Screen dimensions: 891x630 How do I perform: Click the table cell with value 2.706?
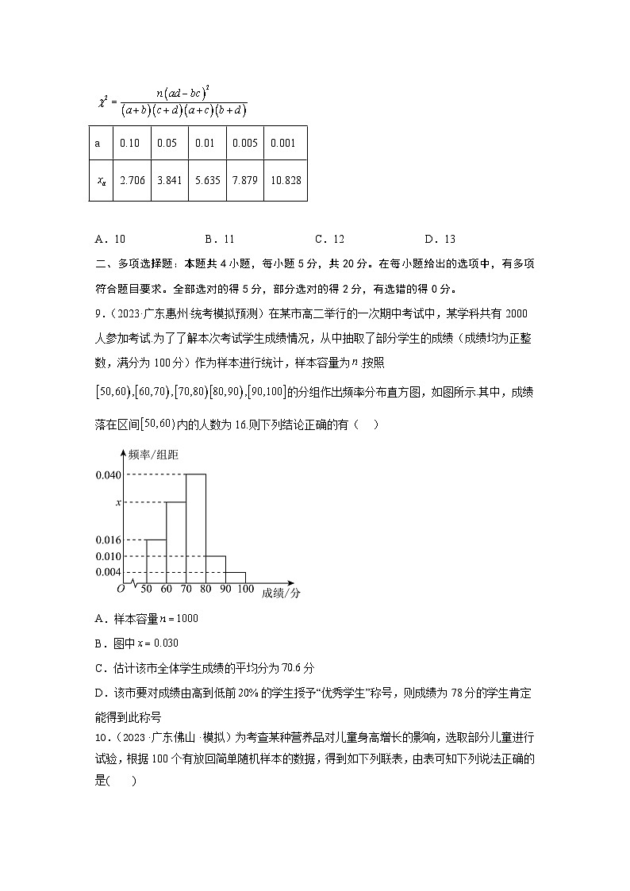click(131, 181)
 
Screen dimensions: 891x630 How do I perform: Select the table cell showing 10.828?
click(285, 181)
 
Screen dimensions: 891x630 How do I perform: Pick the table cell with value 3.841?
click(169, 181)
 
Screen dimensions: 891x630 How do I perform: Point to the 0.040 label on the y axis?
click(108, 474)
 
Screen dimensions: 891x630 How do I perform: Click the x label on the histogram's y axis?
click(118, 502)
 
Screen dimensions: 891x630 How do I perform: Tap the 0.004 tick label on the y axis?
click(108, 572)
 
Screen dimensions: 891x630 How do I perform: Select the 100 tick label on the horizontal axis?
click(245, 589)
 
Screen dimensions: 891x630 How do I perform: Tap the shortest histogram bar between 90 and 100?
click(235, 577)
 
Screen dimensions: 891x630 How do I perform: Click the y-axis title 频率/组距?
click(153, 455)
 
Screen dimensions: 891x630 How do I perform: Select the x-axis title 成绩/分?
click(281, 592)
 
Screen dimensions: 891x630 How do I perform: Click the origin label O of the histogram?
click(121, 589)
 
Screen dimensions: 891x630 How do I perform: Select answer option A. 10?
click(109, 239)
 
